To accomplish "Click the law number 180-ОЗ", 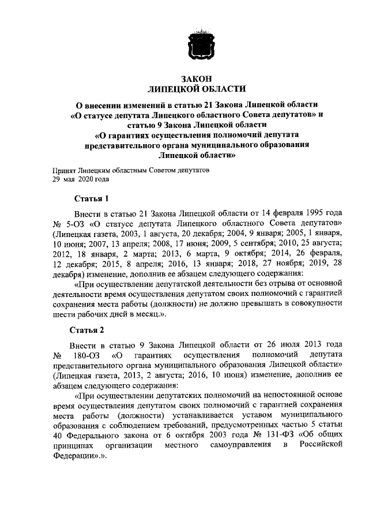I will [84, 354].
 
